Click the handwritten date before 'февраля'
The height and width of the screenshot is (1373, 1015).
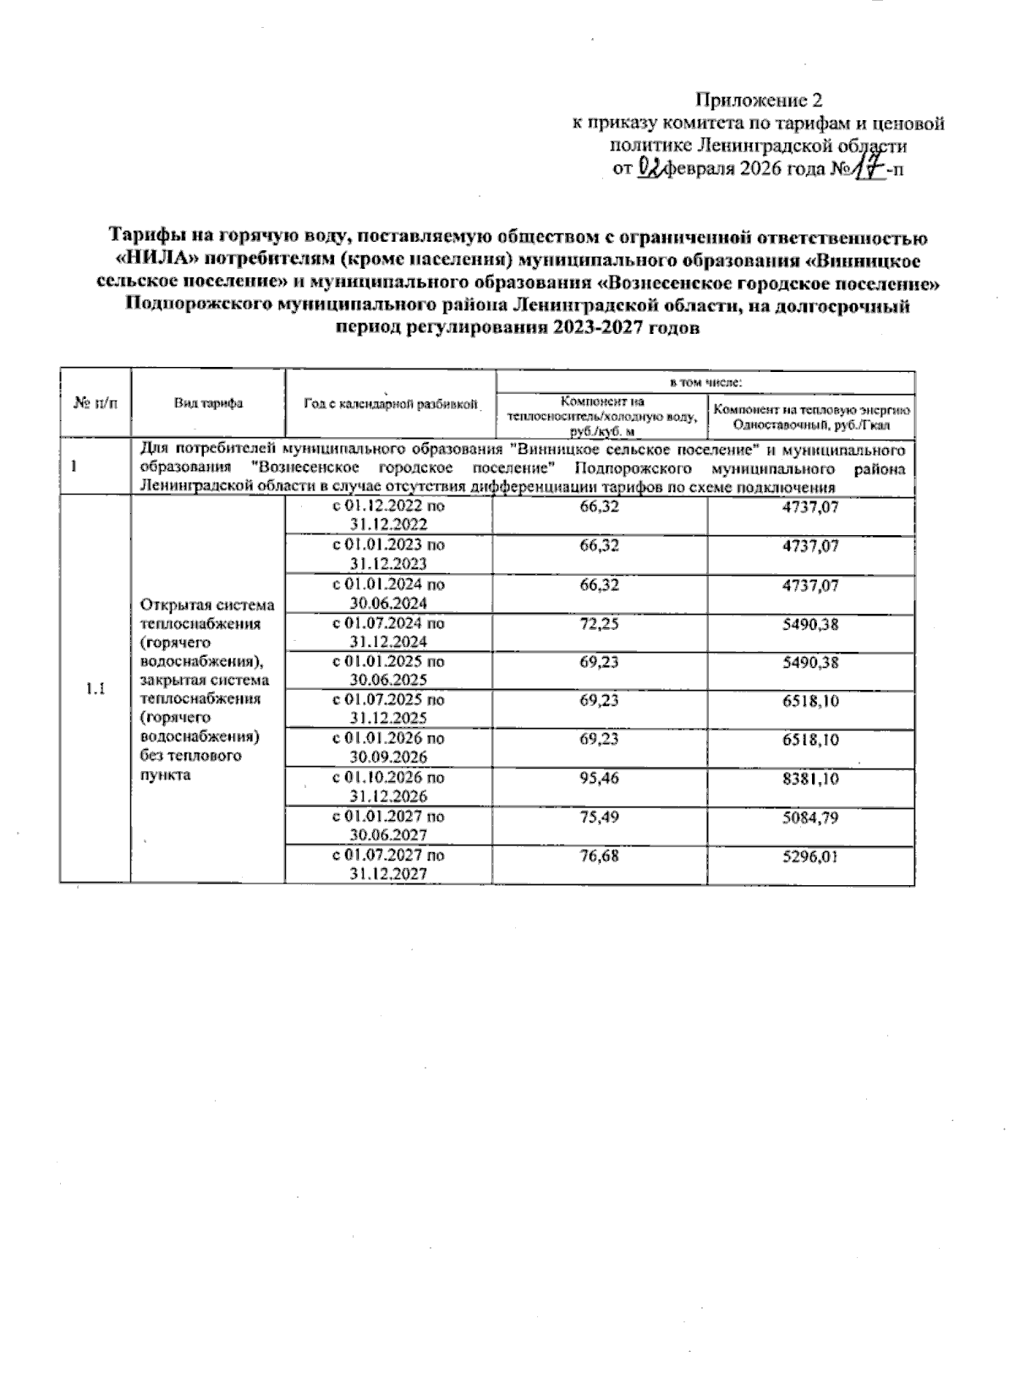(x=649, y=167)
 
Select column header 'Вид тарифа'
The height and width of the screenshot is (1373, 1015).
(x=208, y=403)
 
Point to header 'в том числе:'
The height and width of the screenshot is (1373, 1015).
(x=705, y=382)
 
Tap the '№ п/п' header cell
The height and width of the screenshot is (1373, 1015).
(x=96, y=403)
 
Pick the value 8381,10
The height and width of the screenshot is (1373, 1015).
(x=810, y=778)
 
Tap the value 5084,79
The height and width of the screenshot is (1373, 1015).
(x=810, y=817)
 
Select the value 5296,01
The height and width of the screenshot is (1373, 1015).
(x=810, y=856)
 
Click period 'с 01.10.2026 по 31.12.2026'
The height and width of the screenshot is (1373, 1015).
(x=389, y=786)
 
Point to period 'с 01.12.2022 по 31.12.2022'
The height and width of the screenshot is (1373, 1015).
(x=389, y=515)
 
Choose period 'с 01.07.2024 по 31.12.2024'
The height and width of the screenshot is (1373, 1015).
(x=389, y=632)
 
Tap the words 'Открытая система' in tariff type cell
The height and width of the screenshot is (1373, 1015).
(x=207, y=604)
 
